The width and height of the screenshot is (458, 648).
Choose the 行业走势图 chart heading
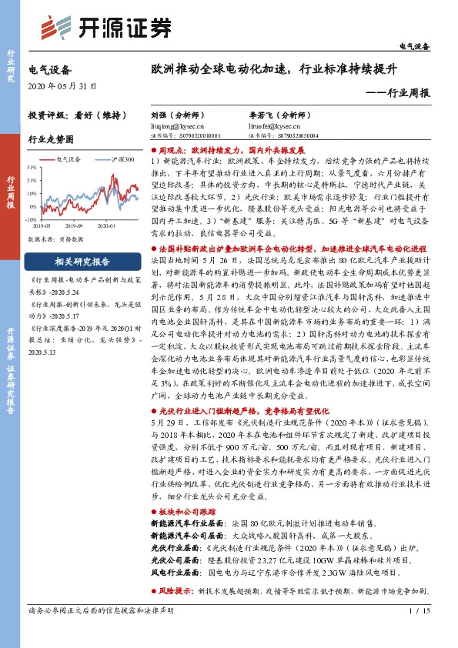tap(50, 139)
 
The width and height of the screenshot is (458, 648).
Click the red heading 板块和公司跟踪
tap(189, 511)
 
